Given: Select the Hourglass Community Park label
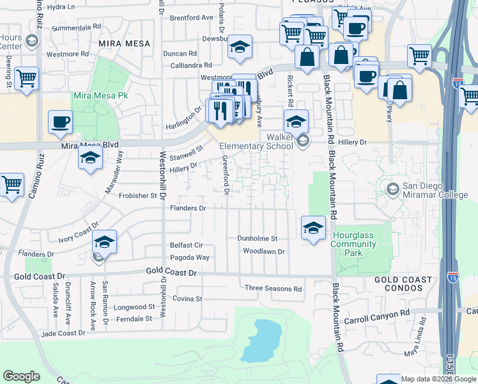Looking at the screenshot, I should (x=353, y=244).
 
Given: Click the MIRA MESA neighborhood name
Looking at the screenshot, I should (x=125, y=44).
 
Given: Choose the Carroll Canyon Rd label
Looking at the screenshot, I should (x=376, y=316).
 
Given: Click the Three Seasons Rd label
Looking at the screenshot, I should (x=273, y=289).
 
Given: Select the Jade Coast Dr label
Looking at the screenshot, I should (x=63, y=333).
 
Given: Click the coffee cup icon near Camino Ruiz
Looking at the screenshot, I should (x=61, y=122).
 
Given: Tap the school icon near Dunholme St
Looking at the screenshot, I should (x=313, y=228).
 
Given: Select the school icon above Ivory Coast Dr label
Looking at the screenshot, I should (x=104, y=242).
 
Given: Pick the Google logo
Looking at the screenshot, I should (x=22, y=376).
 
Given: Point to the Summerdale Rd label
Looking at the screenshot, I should (x=77, y=28).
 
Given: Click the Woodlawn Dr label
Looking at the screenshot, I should (x=263, y=252).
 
